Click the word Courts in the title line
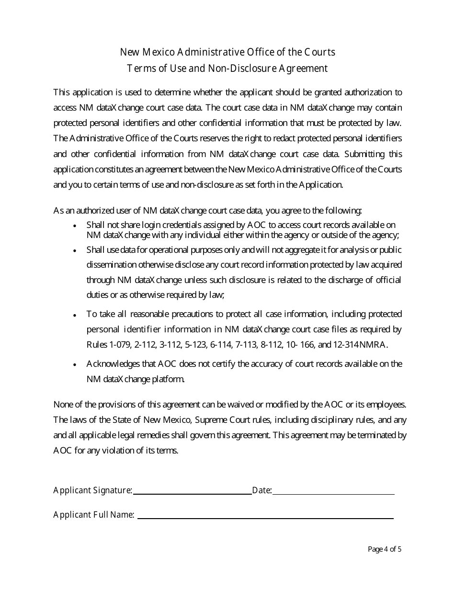[319, 52]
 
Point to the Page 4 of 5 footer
[385, 549]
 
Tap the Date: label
[262, 490]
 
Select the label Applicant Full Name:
[94, 515]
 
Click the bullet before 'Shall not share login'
[74, 226]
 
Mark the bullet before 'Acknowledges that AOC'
[74, 365]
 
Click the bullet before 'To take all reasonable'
[74, 315]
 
